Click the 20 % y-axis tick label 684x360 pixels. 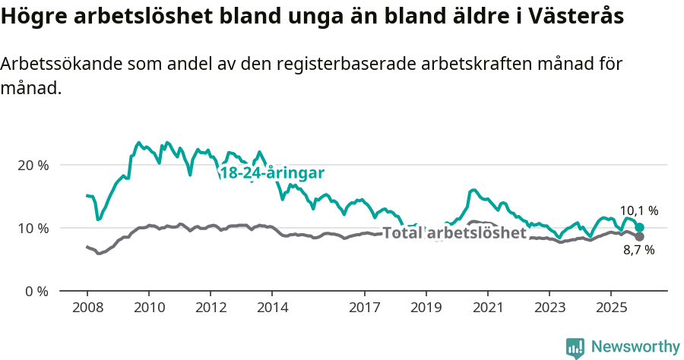(x=33, y=165)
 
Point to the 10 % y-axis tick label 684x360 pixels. (x=33, y=228)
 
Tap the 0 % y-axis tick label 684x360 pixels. (x=36, y=291)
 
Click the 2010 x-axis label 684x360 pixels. (x=149, y=308)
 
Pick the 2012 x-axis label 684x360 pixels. (x=211, y=308)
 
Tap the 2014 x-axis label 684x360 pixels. (x=272, y=308)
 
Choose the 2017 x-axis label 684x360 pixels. (x=365, y=308)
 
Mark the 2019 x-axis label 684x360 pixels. (x=426, y=308)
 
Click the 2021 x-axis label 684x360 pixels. (x=488, y=308)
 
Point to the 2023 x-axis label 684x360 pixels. (x=549, y=308)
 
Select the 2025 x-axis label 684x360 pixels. (x=611, y=308)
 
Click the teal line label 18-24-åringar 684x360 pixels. (x=272, y=173)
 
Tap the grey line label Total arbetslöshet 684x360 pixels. (x=454, y=232)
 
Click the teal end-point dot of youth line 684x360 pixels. (x=640, y=228)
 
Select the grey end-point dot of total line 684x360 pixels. (x=640, y=237)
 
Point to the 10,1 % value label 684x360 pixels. (x=639, y=210)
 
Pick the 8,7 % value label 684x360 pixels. (x=638, y=250)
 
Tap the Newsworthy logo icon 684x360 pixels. (x=575, y=347)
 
